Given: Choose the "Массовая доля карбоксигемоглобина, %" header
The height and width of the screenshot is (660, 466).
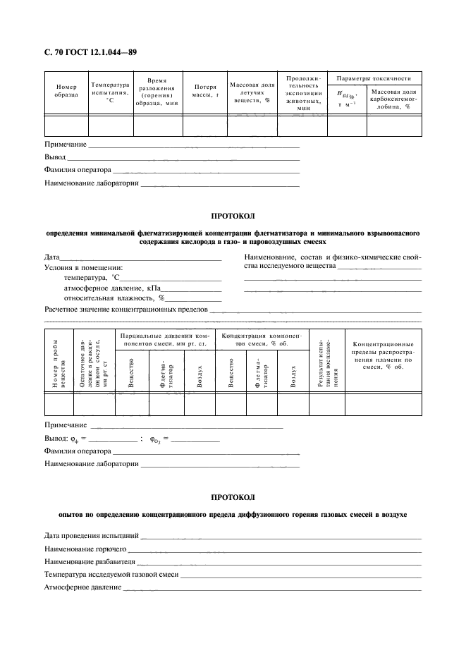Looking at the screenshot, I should coord(394,99).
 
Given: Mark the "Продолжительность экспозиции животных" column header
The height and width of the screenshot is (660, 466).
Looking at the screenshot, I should coord(303,92).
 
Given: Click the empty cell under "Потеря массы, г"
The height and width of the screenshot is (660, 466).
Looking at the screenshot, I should coord(206,125).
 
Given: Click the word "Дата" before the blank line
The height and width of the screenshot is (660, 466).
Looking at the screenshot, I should coord(52,257).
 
